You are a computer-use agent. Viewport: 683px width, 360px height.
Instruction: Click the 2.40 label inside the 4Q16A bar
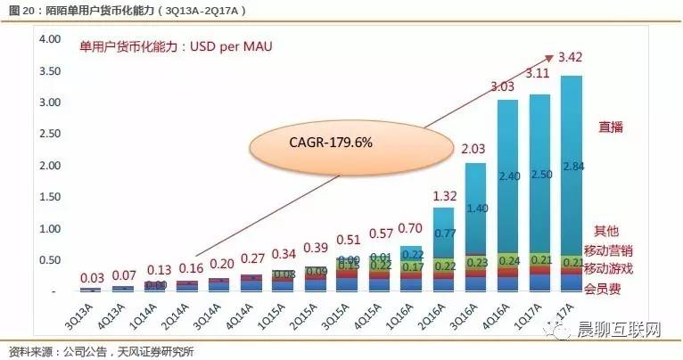[507, 176]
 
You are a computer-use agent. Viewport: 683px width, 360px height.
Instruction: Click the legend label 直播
[611, 127]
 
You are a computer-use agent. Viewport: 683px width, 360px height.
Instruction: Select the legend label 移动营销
[608, 250]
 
